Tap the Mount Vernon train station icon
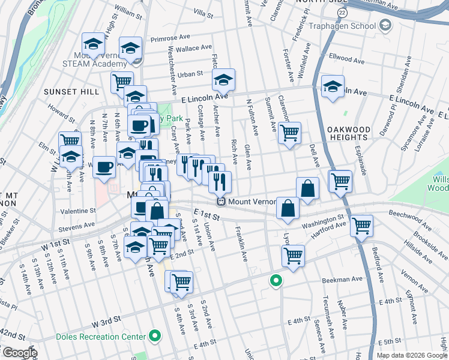tap(221, 202)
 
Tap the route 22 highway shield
tap(342, 13)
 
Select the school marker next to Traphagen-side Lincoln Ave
tap(332, 86)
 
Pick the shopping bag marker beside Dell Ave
tap(307, 188)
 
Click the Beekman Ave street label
tap(345, 279)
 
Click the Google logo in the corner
tap(19, 353)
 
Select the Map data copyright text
tap(412, 355)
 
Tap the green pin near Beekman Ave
tap(276, 280)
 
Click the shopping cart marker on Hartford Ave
tap(361, 225)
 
